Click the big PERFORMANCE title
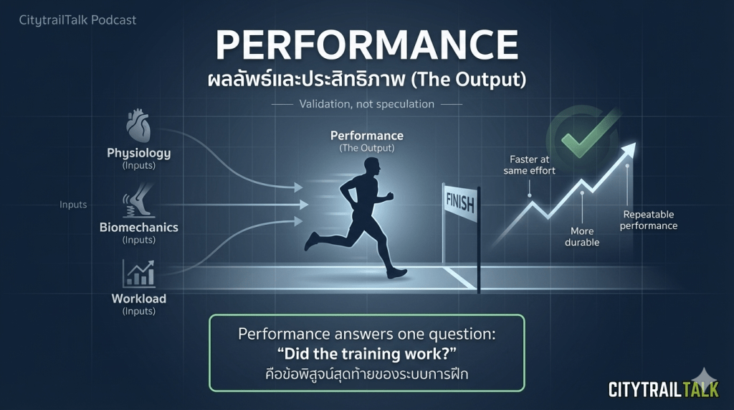tap(366, 45)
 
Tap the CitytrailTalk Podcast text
tap(77, 20)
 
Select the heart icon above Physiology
tap(138, 126)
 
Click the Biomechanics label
tap(138, 228)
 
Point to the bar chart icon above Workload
tap(138, 274)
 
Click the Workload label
tap(138, 299)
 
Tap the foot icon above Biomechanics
tap(138, 200)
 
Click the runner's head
tap(371, 167)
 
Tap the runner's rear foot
tap(311, 241)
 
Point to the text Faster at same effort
tap(530, 165)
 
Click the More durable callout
tap(582, 237)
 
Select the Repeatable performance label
tap(648, 220)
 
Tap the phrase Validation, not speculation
tap(366, 104)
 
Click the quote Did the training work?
tap(366, 354)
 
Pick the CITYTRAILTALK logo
tap(663, 389)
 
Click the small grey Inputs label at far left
tap(73, 205)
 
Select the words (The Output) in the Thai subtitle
tap(468, 80)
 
